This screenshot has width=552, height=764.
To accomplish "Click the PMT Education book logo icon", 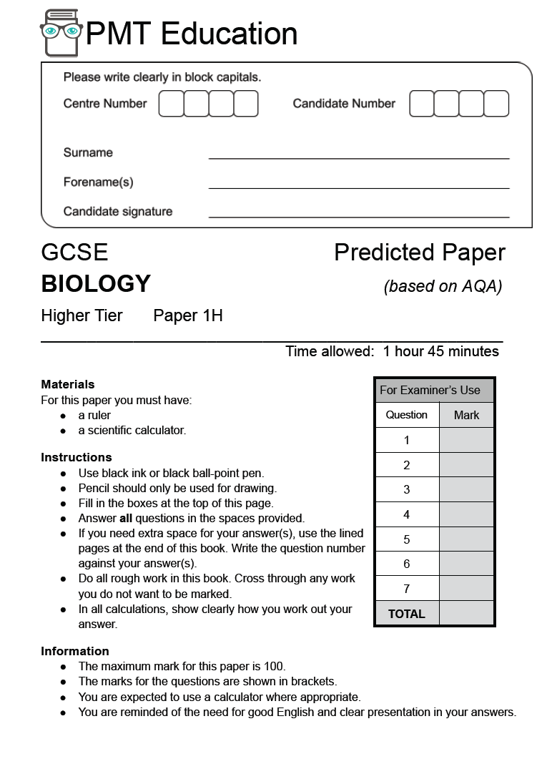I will (x=61, y=33).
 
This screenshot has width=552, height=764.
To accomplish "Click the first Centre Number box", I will (x=171, y=104).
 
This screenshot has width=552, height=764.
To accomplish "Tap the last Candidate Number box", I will (x=496, y=104).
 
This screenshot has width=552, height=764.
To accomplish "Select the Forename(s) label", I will (x=98, y=182).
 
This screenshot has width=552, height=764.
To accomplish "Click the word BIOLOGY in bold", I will (x=96, y=284).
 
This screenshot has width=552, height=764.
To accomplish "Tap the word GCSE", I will (x=74, y=253).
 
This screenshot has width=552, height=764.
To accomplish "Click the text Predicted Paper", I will (x=419, y=253).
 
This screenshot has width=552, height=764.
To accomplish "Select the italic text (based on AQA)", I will (x=443, y=286).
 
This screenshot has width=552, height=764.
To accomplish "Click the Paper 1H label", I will (x=188, y=315).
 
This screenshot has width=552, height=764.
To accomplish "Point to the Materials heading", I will (x=68, y=384).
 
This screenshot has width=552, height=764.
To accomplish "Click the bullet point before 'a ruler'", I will (x=63, y=416).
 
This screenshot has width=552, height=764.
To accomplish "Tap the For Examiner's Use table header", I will (x=430, y=390).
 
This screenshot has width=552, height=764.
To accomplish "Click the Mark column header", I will (x=466, y=415).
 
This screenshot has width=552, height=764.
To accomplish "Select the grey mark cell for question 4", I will (x=466, y=514).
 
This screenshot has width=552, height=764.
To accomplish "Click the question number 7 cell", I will (x=407, y=589).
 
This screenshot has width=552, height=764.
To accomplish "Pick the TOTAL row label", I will (x=406, y=614).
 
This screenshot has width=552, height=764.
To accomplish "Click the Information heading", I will (x=75, y=651).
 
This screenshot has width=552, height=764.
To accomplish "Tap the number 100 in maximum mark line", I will (x=274, y=667).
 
